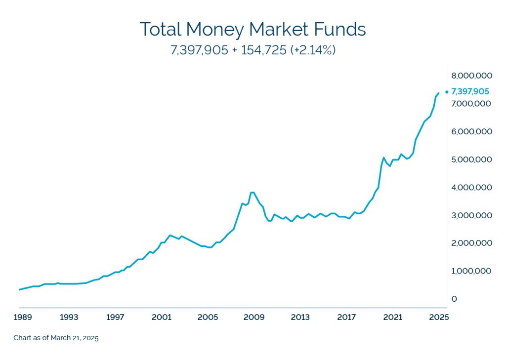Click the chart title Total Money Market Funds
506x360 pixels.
tap(253, 29)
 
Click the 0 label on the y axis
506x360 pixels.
tap(454, 299)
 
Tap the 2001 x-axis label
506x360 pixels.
tap(162, 317)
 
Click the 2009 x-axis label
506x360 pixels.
tap(254, 317)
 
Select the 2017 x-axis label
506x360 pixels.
tap(346, 317)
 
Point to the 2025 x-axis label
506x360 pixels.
tap(439, 317)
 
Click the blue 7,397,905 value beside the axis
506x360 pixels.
tap(470, 91)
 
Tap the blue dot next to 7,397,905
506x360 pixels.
tap(447, 91)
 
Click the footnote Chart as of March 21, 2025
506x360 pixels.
tap(56, 338)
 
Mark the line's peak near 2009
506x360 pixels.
tap(253, 192)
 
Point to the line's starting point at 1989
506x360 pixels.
tap(20, 289)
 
